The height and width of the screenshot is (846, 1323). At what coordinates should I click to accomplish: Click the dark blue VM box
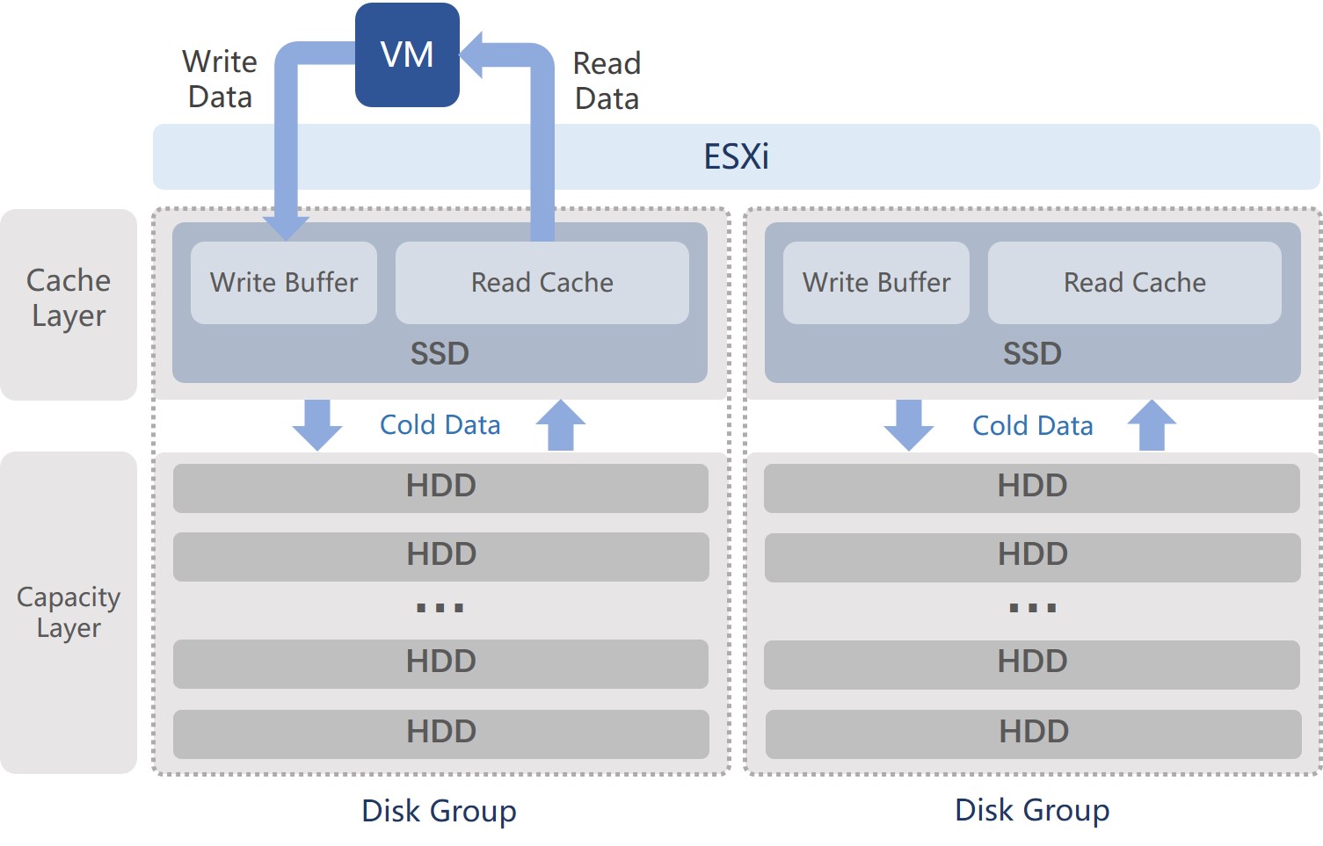[407, 55]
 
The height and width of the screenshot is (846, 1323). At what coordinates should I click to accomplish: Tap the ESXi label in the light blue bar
[736, 157]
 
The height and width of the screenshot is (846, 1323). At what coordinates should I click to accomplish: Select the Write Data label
[220, 79]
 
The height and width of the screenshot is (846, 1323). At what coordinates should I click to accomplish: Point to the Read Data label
[607, 81]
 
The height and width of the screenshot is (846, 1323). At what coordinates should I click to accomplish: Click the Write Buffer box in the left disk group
[284, 283]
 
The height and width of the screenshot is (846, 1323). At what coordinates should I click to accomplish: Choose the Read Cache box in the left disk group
[542, 283]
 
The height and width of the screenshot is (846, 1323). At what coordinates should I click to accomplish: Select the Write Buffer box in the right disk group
[876, 283]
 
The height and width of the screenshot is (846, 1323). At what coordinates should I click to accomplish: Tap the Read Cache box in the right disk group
[1134, 283]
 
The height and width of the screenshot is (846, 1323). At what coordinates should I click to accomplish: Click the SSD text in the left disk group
[440, 354]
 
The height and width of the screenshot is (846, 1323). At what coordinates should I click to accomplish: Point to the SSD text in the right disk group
[1032, 354]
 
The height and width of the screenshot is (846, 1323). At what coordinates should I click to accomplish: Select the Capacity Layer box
[69, 612]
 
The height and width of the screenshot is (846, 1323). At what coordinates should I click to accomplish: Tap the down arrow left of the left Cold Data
[317, 425]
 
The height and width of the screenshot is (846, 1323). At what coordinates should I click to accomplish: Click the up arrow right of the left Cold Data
[561, 425]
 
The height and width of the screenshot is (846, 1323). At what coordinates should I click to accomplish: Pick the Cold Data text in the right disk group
[1032, 426]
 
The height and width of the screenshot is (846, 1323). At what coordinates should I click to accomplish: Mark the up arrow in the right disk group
[1152, 425]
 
